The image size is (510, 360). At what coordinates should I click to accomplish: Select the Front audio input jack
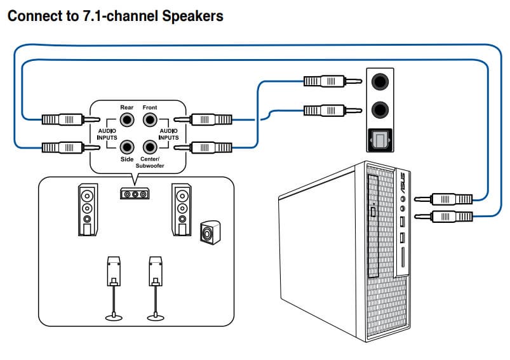(x=150, y=119)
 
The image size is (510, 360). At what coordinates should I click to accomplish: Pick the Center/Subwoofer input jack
(x=150, y=147)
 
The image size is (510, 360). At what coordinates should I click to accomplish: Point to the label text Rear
(x=127, y=107)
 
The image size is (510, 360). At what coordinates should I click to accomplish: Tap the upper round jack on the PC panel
(x=380, y=81)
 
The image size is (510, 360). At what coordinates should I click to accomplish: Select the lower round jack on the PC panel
(x=380, y=109)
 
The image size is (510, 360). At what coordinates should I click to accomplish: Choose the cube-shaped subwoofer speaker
(x=208, y=232)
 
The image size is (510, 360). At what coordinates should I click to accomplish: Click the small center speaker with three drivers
(x=134, y=193)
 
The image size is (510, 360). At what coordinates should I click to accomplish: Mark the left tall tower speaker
(x=88, y=209)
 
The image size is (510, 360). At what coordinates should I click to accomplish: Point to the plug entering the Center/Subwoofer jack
(x=210, y=147)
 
